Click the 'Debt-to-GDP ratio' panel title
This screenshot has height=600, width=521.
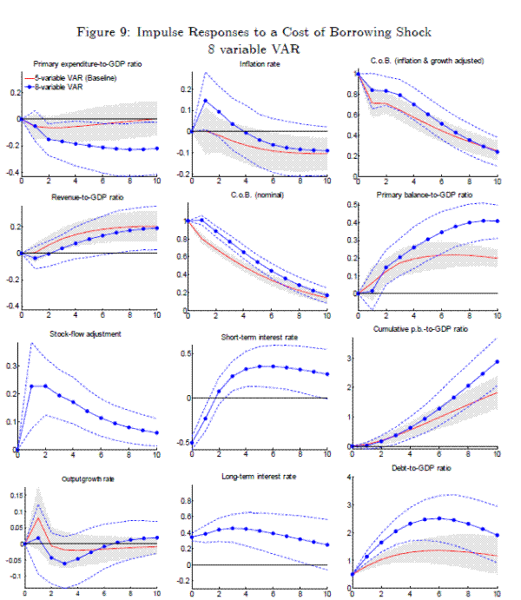point(427,468)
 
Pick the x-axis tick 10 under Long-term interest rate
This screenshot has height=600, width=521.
point(326,595)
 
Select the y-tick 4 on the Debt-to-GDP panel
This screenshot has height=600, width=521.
point(350,477)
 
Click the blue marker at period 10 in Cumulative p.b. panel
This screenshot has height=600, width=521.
point(498,361)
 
